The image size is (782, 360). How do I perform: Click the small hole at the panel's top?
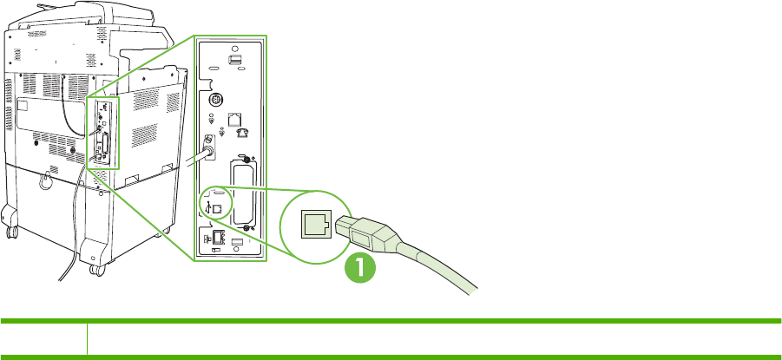click(x=229, y=49)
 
